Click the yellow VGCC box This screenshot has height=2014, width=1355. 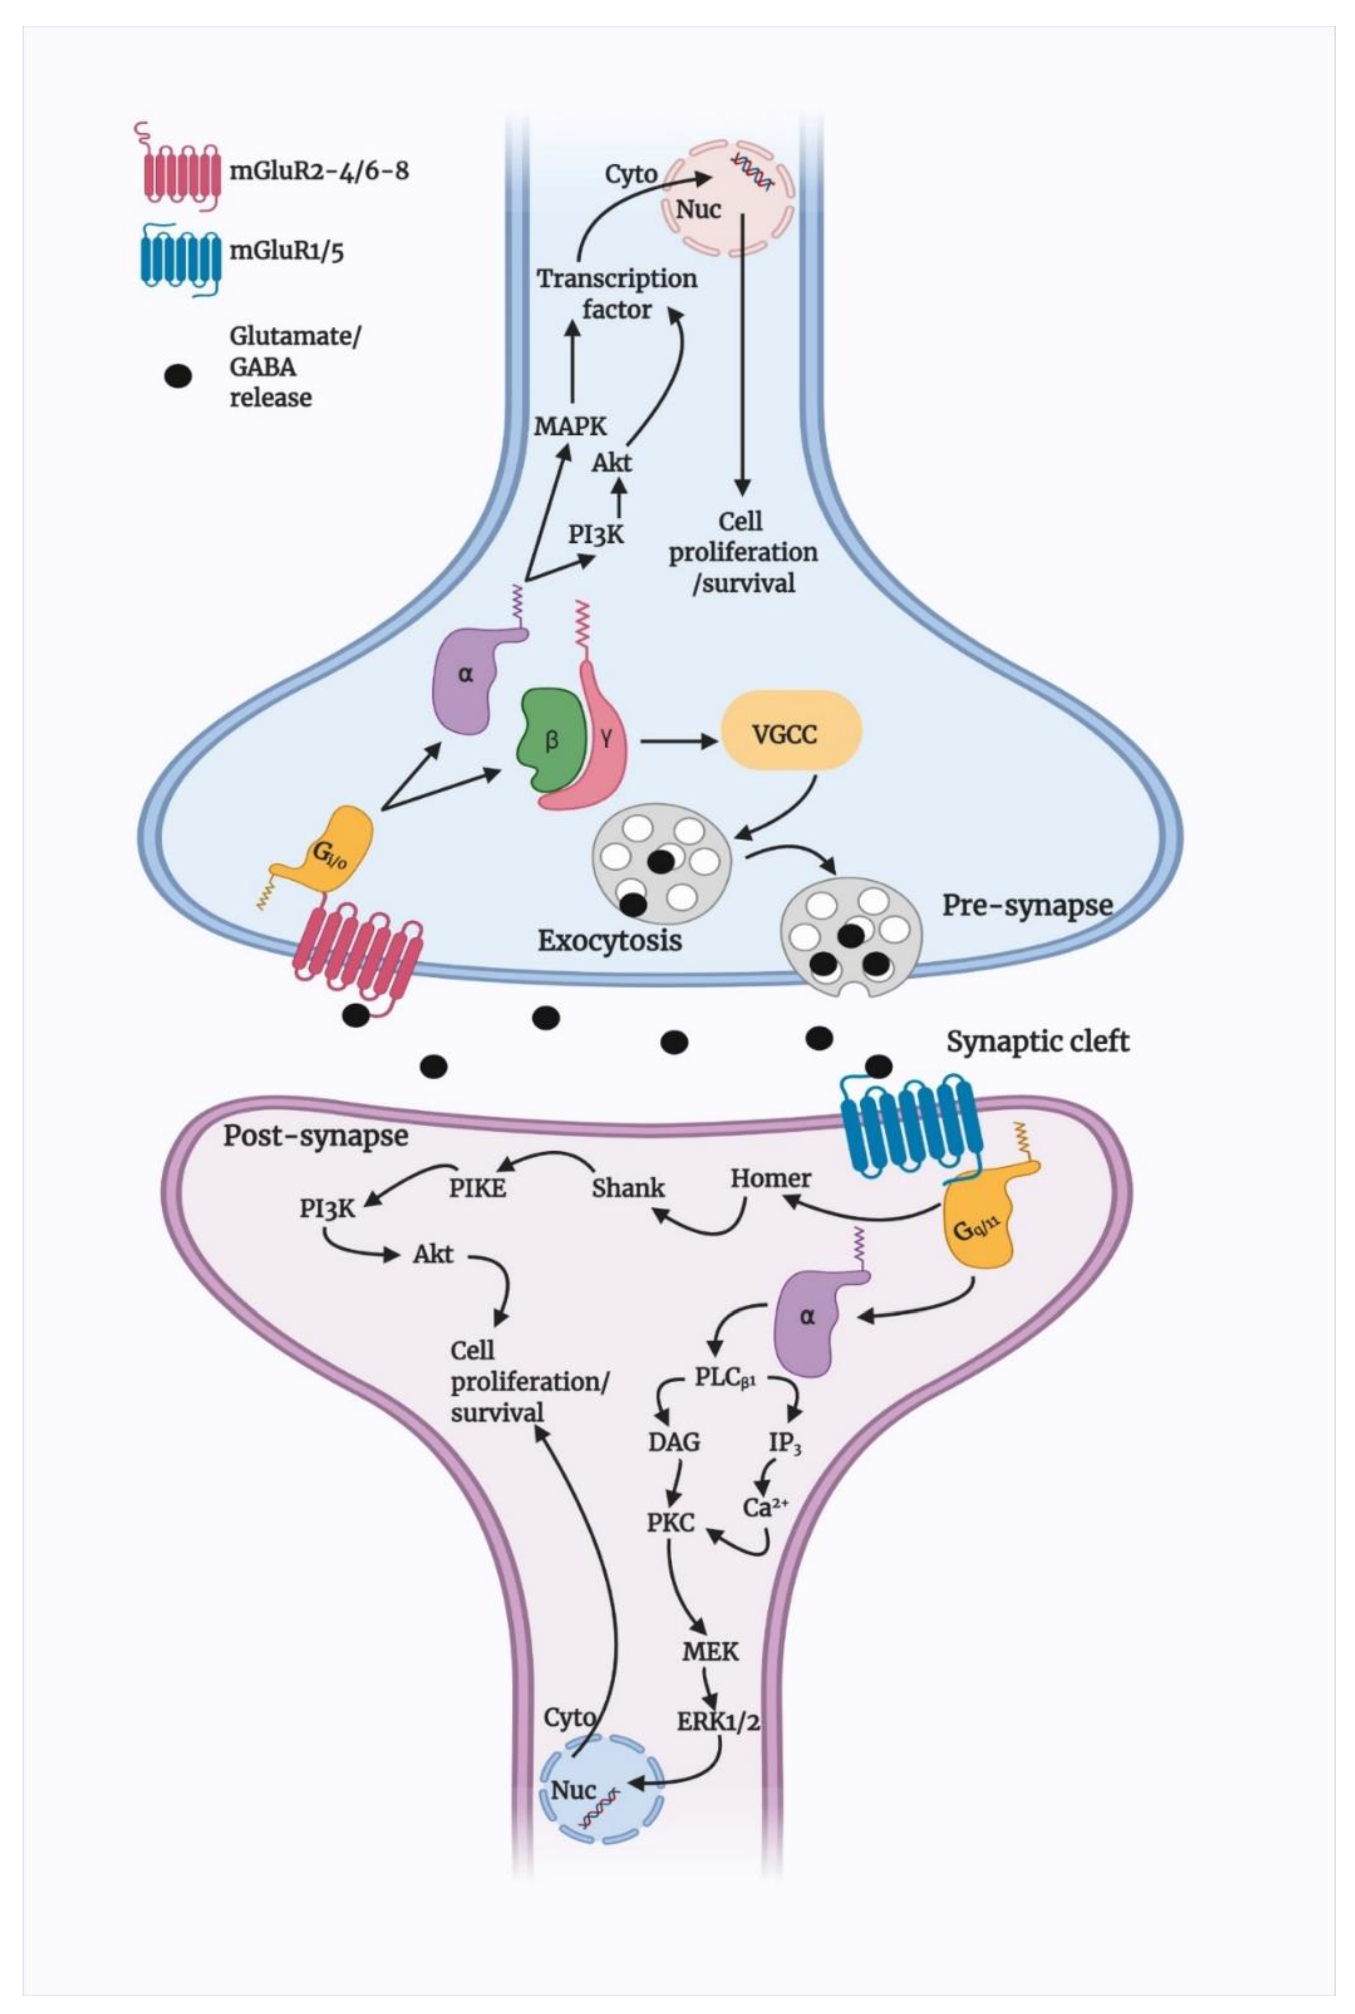tap(791, 736)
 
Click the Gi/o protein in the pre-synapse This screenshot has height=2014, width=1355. tap(337, 851)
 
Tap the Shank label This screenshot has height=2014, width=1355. tap(628, 1187)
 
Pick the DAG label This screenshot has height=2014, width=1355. tap(674, 1442)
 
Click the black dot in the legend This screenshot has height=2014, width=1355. tap(178, 376)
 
